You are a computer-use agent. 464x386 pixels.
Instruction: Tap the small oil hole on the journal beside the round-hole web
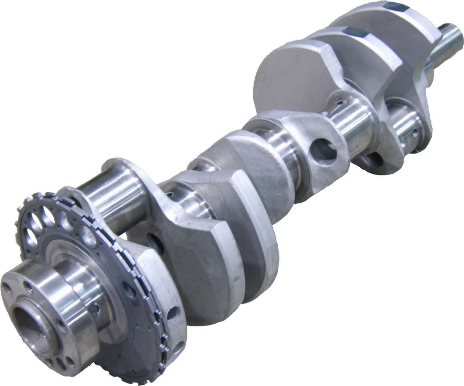click(x=339, y=103)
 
